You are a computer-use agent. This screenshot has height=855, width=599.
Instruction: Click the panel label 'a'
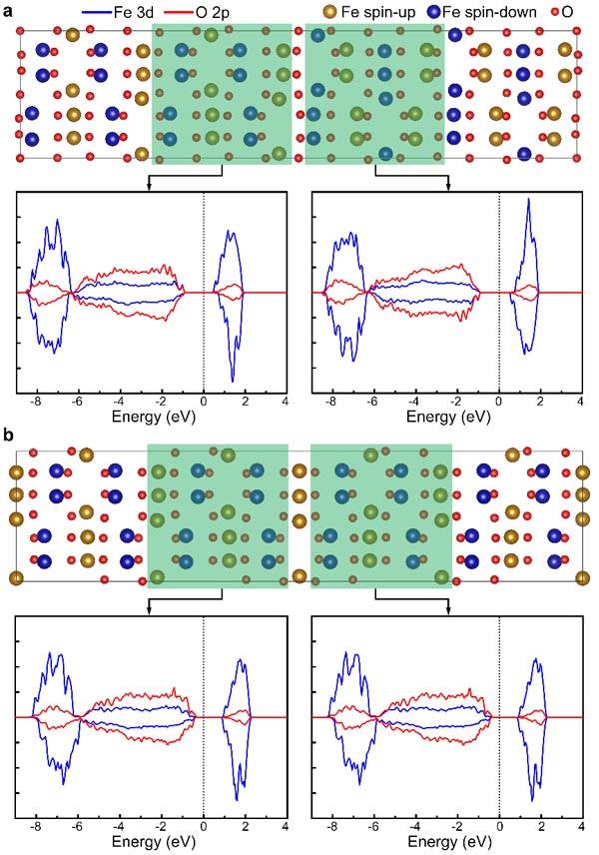coord(8,11)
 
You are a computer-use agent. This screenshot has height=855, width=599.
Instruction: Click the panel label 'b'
coord(8,435)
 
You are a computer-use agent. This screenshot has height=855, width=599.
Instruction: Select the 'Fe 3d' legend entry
coord(118,11)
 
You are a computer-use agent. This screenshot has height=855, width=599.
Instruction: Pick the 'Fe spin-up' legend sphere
coord(329,11)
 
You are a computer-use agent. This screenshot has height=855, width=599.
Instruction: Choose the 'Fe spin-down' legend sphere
coord(434,11)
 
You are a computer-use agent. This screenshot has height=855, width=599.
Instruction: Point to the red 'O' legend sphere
coord(555,11)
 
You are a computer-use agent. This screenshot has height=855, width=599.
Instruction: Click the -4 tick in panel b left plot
coord(118,827)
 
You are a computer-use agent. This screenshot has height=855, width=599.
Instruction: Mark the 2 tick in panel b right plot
coord(541,827)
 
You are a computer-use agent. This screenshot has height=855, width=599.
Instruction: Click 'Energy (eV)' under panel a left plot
coord(153,418)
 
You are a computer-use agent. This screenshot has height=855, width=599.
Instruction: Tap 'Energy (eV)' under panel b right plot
coord(449,841)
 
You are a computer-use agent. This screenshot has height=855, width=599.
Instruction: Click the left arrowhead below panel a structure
coord(148,187)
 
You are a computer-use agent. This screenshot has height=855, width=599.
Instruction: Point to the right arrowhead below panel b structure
coord(448,612)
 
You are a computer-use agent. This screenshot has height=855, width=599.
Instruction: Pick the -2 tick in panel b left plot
coord(161,827)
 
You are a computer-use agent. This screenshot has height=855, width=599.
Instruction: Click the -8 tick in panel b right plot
coord(330,827)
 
